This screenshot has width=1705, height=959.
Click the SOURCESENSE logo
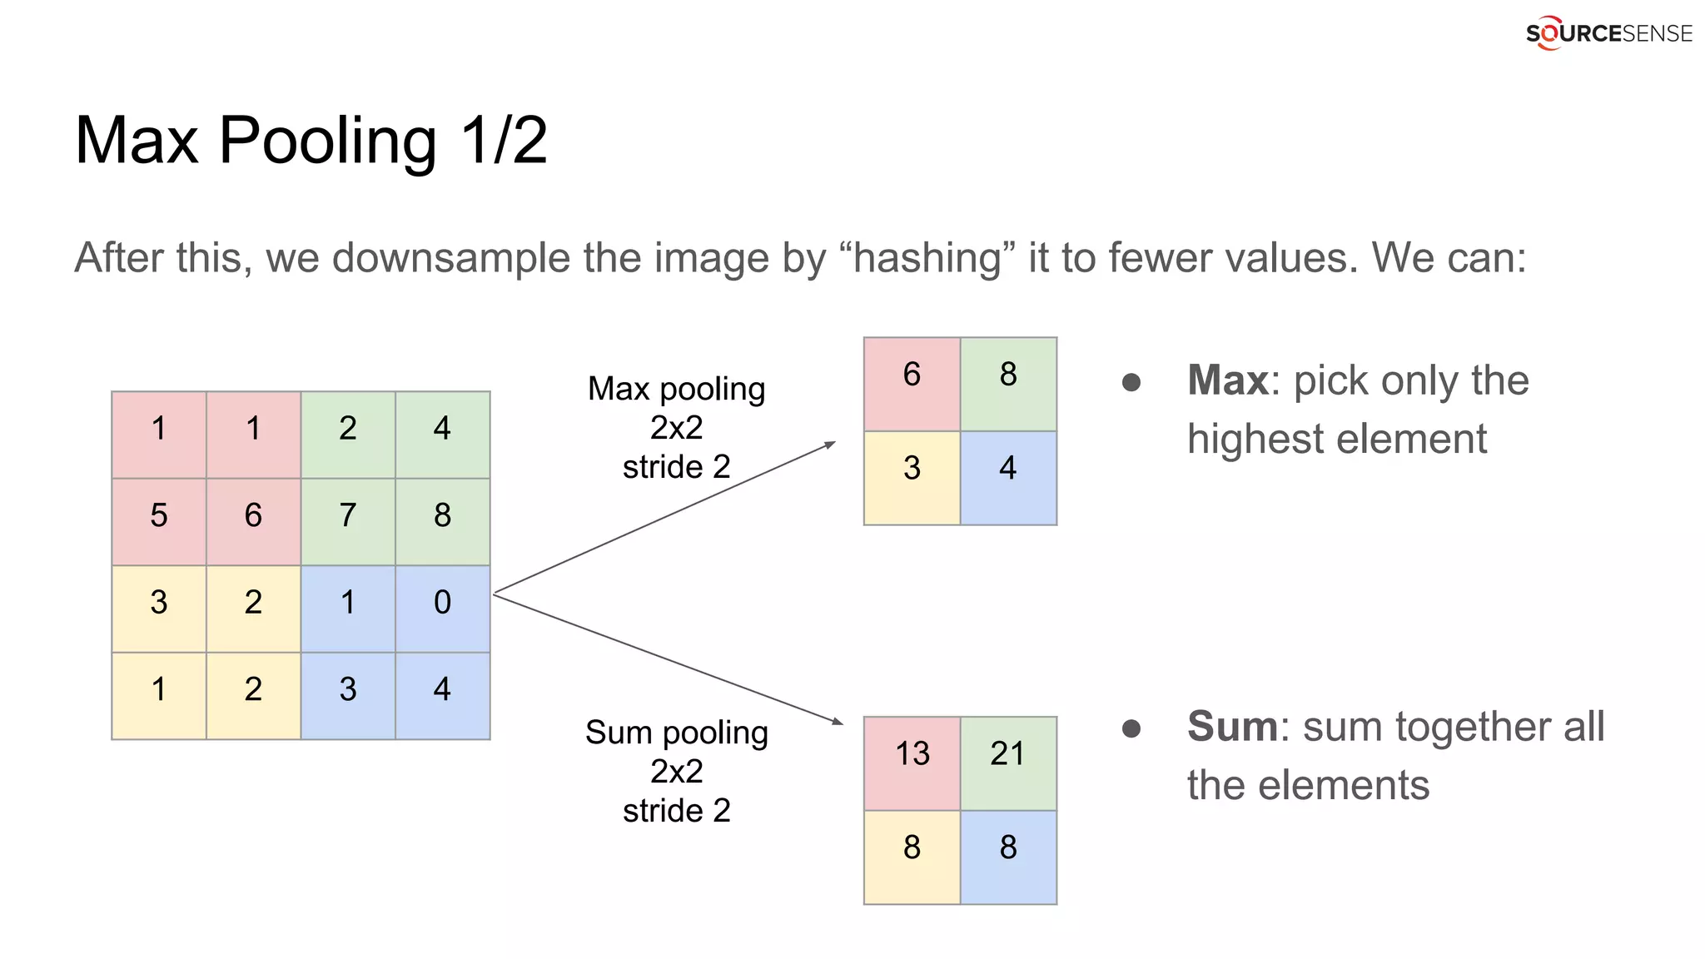click(1608, 33)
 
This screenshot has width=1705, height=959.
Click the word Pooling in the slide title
click(327, 141)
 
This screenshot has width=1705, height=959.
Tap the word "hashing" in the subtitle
click(927, 257)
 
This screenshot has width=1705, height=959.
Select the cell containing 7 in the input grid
click(348, 515)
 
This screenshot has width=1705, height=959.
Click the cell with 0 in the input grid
click(442, 602)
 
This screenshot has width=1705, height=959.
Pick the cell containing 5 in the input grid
click(159, 515)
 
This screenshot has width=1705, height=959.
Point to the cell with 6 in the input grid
click(253, 515)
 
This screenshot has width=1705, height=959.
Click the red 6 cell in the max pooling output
click(912, 375)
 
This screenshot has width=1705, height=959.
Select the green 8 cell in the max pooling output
click(1008, 375)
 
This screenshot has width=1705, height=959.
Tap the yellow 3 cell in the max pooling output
click(912, 469)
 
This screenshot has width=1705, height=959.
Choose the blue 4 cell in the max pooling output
click(1008, 469)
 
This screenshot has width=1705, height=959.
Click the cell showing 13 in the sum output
click(912, 754)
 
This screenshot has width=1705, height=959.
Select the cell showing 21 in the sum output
click(1008, 754)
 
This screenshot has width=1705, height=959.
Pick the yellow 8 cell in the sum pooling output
click(912, 848)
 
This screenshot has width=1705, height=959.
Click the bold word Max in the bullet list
click(1228, 380)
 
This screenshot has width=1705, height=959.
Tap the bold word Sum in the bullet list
click(1232, 727)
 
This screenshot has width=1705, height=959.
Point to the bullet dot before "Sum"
click(1131, 729)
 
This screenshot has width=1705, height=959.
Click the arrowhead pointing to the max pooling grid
click(829, 445)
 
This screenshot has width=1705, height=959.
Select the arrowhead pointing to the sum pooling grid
click(837, 721)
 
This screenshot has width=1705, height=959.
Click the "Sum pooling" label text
click(676, 733)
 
